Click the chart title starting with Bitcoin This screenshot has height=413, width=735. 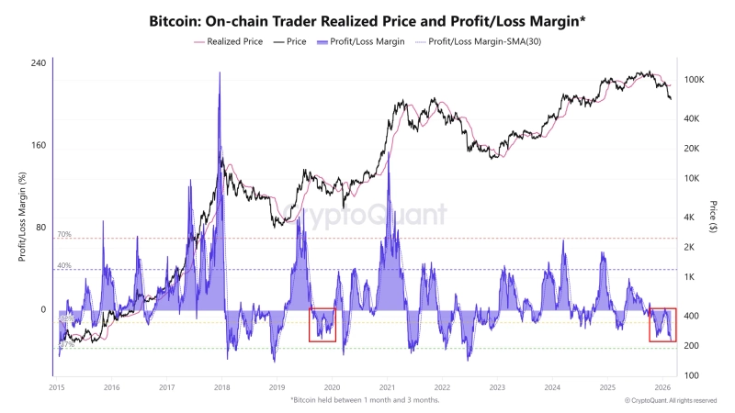coord(367,19)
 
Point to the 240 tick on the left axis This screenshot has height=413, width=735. coord(38,63)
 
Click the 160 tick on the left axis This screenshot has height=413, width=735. coord(38,145)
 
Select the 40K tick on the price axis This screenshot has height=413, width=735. coord(693,119)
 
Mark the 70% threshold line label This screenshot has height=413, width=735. coord(64,235)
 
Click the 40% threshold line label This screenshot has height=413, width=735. coord(64,265)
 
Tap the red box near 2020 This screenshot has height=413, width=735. coord(322,324)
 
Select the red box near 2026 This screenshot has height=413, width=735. coord(662,325)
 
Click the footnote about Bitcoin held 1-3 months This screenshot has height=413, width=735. coord(365,400)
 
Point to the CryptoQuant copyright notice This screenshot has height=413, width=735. coord(671,400)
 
